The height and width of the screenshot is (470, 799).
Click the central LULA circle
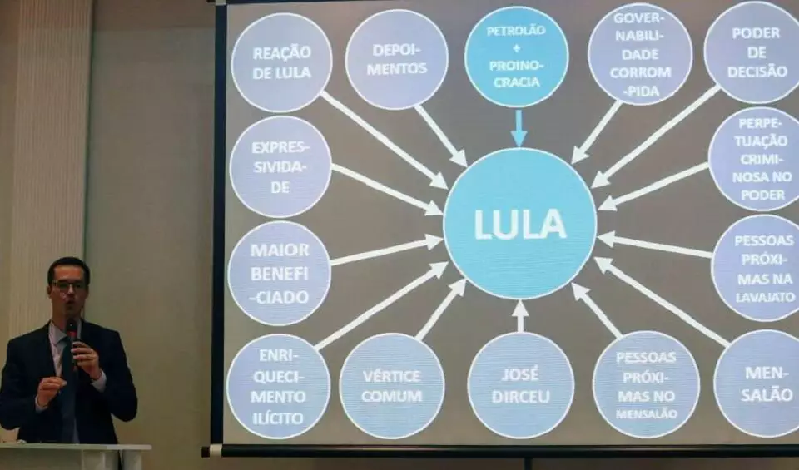tap(519, 223)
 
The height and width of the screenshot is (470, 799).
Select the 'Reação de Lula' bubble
tap(281, 62)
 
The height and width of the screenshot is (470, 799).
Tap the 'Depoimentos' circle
tap(396, 60)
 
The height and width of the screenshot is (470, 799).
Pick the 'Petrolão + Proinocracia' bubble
tap(516, 57)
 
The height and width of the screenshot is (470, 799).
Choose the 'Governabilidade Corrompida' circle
tap(639, 54)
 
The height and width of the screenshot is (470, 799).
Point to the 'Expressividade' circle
tap(280, 166)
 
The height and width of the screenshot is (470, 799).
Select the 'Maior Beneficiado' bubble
tap(280, 273)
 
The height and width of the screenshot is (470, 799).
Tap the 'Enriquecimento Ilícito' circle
tap(278, 386)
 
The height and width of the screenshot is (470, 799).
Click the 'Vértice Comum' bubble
tap(391, 386)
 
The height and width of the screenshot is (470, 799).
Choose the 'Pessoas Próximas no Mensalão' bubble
tap(646, 384)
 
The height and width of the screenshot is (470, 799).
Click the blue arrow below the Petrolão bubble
tap(519, 127)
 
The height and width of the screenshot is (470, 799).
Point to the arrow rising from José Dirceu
tap(520, 316)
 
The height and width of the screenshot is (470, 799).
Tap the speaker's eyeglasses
tap(68, 285)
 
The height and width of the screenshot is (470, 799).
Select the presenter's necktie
tap(67, 391)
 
